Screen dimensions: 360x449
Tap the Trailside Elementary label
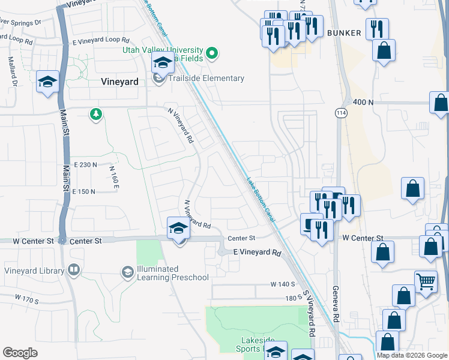[x=206, y=79]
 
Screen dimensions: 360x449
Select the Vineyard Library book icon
[x=74, y=271]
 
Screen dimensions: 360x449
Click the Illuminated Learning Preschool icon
[x=127, y=273]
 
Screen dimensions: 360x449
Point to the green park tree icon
[x=95, y=114]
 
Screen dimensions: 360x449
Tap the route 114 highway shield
[x=339, y=112]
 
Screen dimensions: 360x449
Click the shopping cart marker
[x=426, y=281]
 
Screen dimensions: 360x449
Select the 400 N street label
[x=364, y=103]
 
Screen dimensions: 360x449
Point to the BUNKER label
[x=344, y=33]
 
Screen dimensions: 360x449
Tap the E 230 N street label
[x=85, y=164]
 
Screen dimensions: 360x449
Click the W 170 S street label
[x=26, y=298]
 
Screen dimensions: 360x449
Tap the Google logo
[x=20, y=353]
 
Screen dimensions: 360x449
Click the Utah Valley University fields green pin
[x=211, y=55]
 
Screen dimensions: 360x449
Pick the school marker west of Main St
[x=47, y=82]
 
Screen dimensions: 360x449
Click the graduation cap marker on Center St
[x=178, y=229]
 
